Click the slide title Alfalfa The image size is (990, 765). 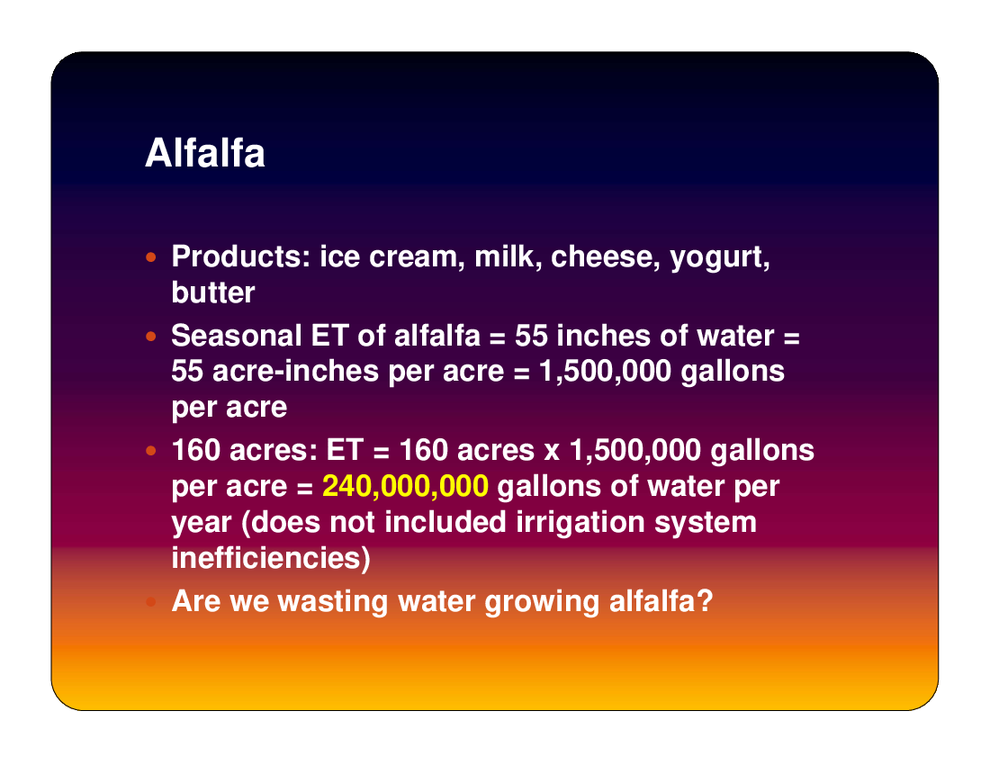[x=205, y=153]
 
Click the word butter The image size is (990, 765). [x=213, y=292]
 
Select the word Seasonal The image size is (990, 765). [x=236, y=336]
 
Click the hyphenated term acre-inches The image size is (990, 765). [x=295, y=371]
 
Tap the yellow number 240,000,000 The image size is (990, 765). [x=405, y=486]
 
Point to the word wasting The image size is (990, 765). [x=333, y=602]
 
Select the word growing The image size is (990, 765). [x=542, y=602]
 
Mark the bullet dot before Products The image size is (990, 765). [x=150, y=256]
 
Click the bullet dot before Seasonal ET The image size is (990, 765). [x=150, y=337]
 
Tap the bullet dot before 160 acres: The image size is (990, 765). [x=150, y=451]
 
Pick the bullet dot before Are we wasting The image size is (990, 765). [x=150, y=601]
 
